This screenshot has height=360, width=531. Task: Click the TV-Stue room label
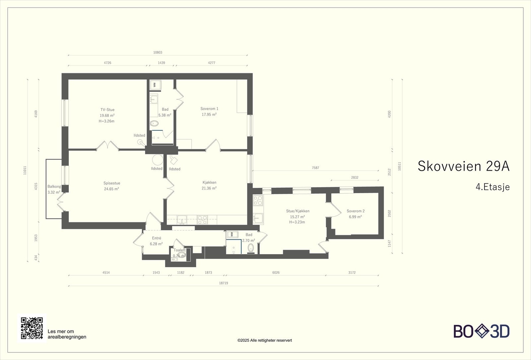107,110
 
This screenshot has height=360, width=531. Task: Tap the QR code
32,328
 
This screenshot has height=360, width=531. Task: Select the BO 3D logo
481,331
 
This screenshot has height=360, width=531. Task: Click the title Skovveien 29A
463,166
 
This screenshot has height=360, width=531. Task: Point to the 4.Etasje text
493,187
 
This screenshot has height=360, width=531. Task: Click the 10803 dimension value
158,52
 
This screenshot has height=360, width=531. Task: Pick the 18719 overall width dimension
223,283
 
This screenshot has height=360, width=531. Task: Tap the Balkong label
54,186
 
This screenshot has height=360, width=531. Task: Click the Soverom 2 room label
355,211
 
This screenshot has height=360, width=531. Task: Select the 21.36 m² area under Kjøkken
209,188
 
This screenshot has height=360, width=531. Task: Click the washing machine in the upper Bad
155,85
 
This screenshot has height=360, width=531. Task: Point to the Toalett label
180,250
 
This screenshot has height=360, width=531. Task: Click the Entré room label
156,238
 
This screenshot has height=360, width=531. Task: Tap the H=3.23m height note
297,222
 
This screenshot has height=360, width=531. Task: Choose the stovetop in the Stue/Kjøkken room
258,200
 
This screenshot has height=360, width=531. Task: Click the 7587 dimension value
315,168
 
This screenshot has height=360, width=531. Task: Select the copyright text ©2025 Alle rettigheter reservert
265,340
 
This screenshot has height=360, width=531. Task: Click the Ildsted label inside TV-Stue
139,135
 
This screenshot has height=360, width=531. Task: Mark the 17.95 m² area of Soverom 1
209,114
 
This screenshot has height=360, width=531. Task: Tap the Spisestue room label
112,183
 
